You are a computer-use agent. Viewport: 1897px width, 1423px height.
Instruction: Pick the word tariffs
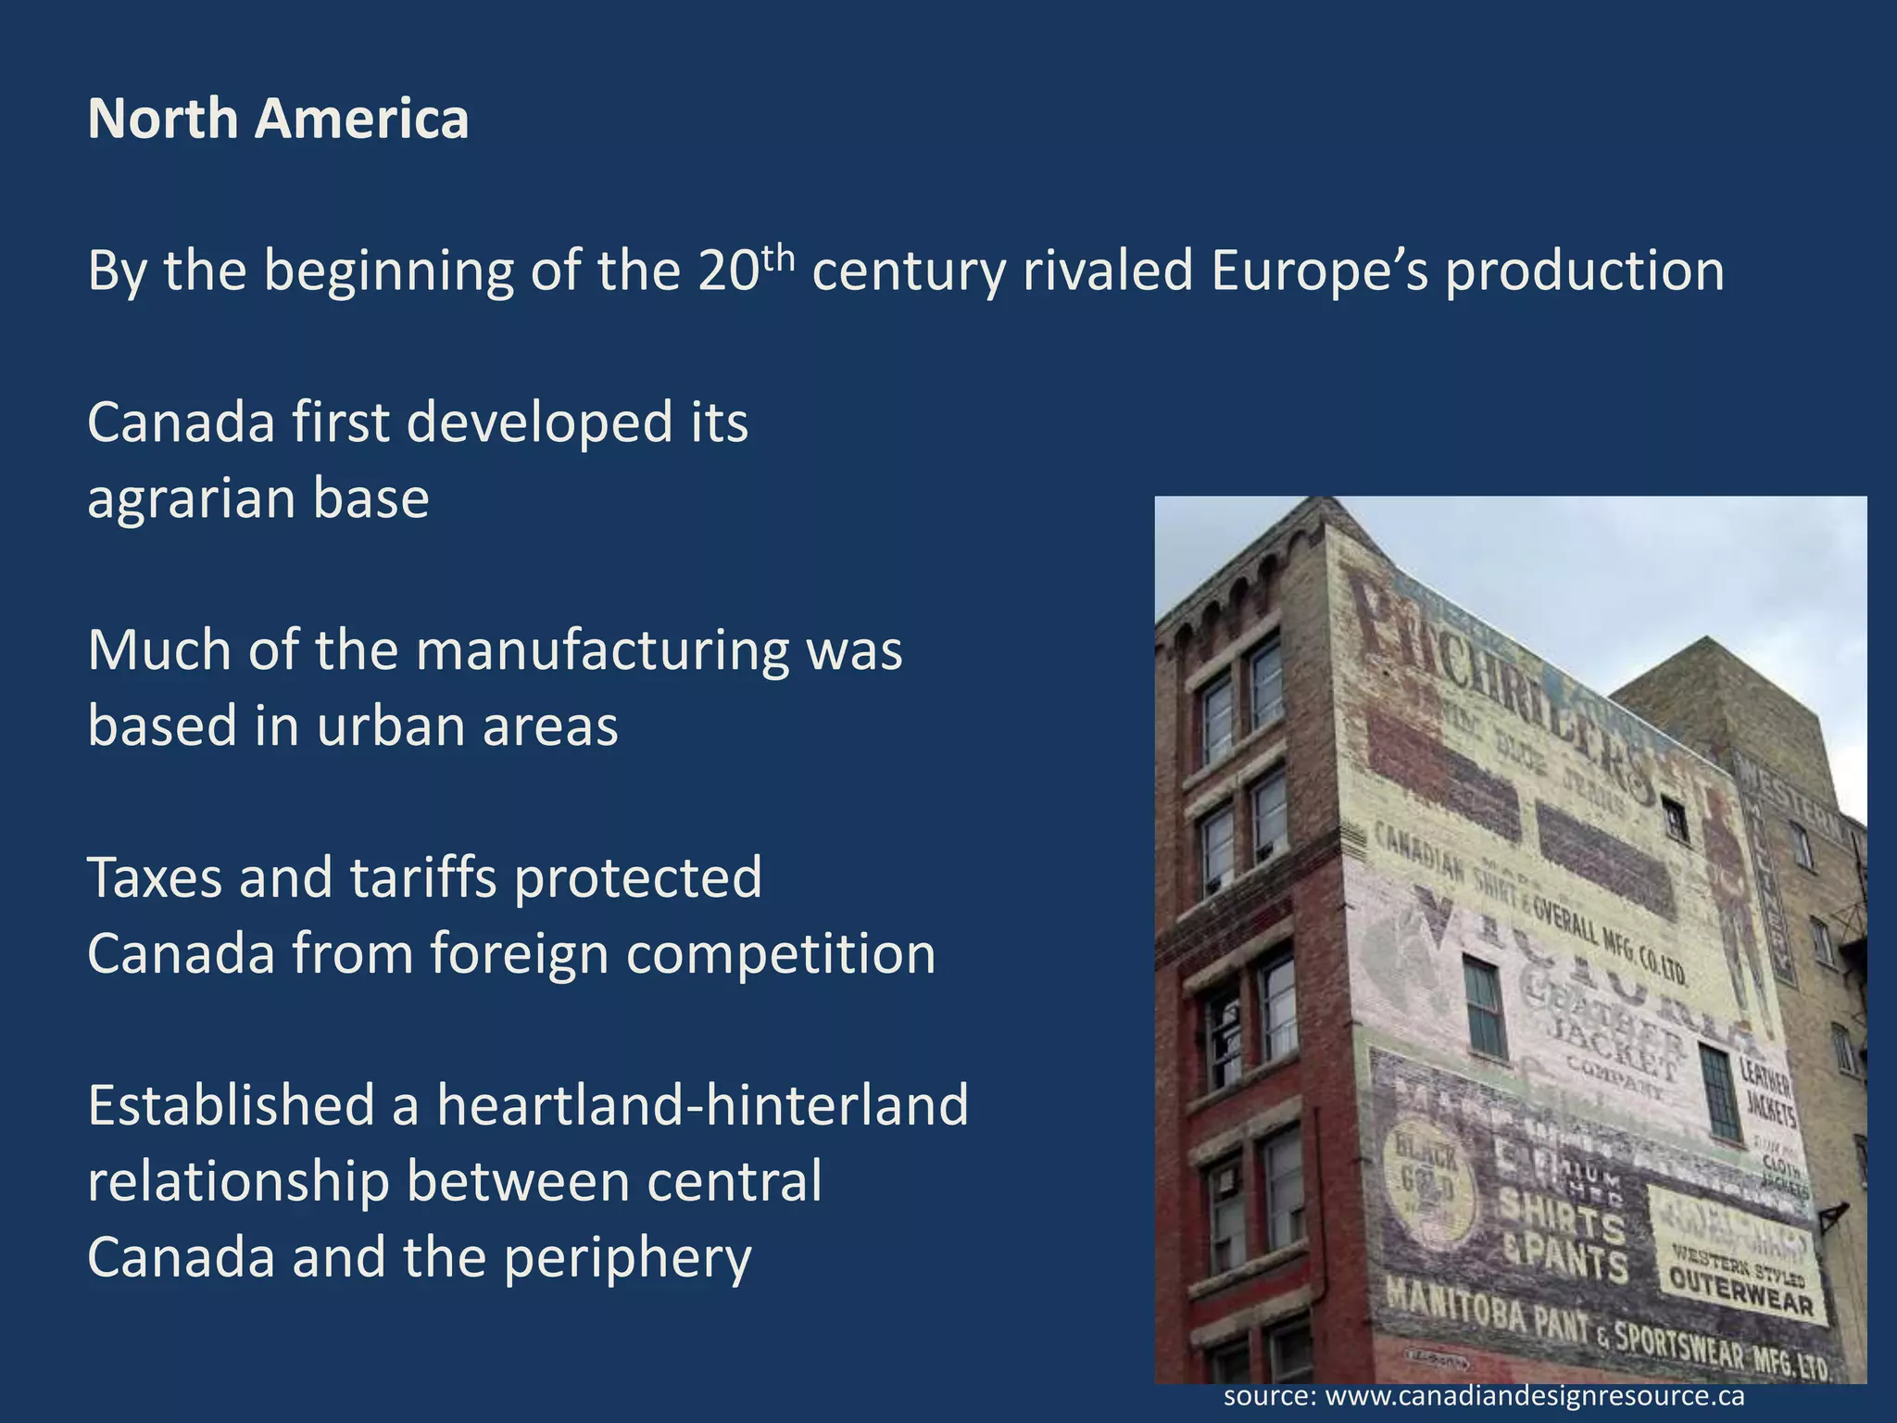pyautogui.click(x=425, y=877)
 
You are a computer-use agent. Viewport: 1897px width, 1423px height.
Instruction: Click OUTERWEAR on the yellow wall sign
pyautogui.click(x=1741, y=1291)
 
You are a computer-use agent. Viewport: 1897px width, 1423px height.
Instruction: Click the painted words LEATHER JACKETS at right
pyautogui.click(x=1768, y=1093)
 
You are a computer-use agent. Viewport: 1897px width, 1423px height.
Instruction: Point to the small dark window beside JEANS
pyautogui.click(x=1675, y=819)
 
